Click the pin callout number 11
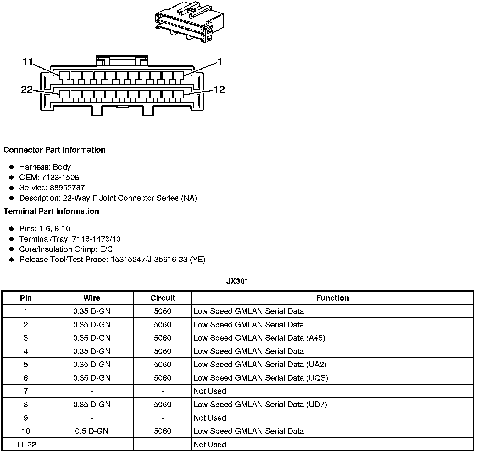(x=28, y=62)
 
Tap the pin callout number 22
(x=27, y=90)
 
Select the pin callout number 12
(x=219, y=90)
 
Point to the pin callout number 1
(x=220, y=62)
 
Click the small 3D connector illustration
(x=189, y=23)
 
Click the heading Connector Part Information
(x=54, y=150)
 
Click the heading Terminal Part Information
(x=51, y=211)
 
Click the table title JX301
(x=237, y=281)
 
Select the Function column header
(x=332, y=298)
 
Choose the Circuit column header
(x=163, y=298)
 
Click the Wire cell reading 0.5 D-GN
(x=92, y=431)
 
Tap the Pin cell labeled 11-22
(x=26, y=445)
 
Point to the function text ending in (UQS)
(x=261, y=378)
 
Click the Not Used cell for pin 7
(x=210, y=391)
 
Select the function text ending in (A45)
(x=259, y=338)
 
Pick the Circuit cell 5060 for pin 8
(x=163, y=405)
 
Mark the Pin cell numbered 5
(x=26, y=365)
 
